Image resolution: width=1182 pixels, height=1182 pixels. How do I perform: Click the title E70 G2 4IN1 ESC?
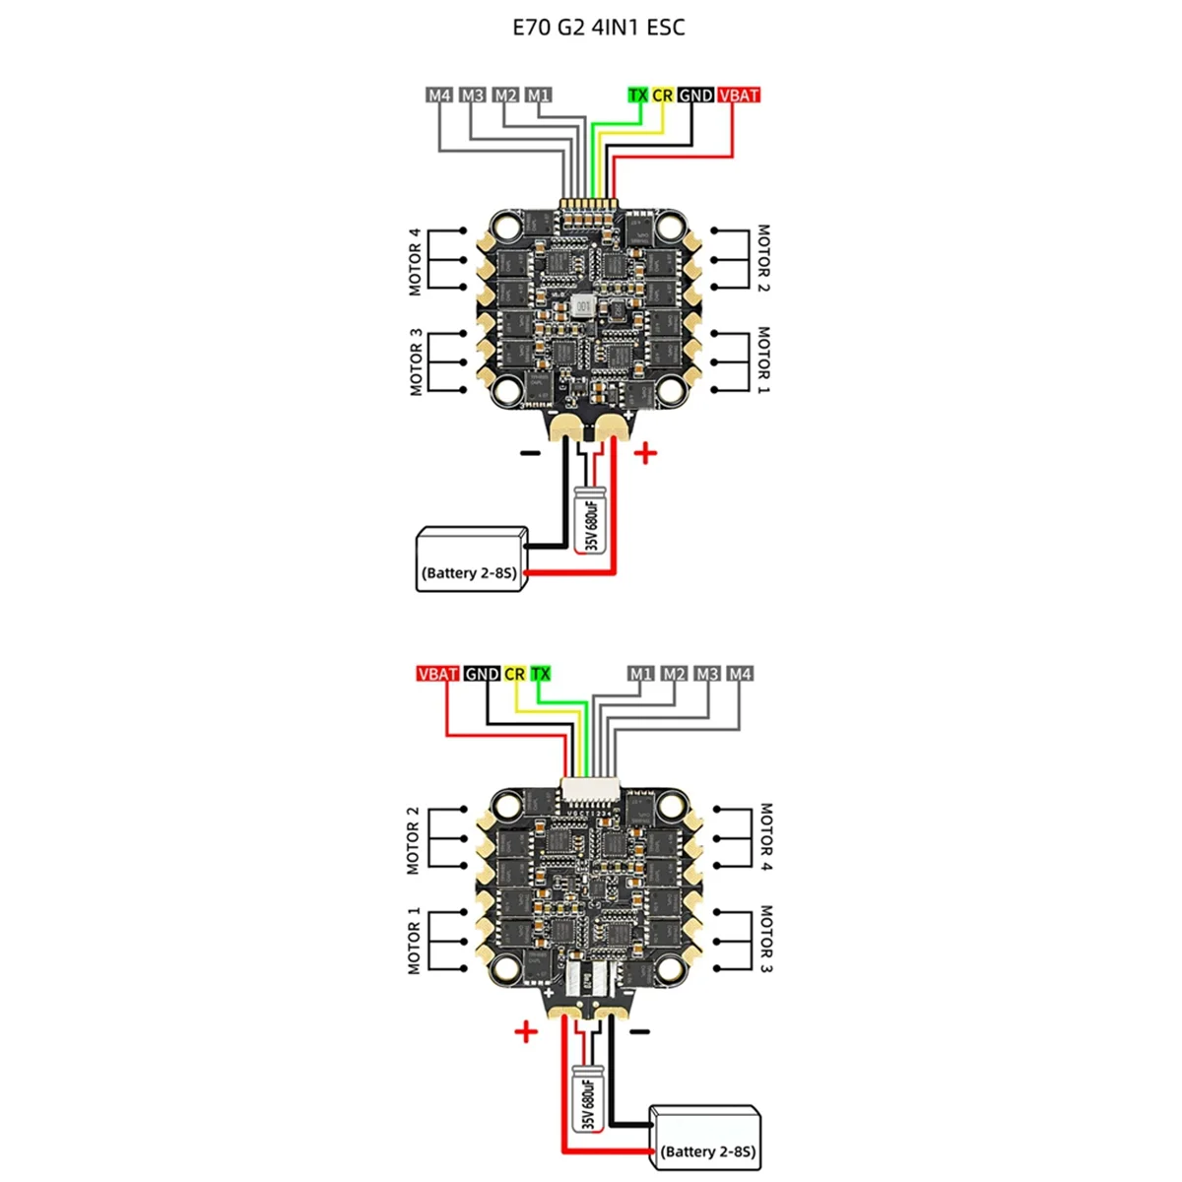pyautogui.click(x=598, y=28)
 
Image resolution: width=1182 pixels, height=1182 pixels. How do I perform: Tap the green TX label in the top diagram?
pyautogui.click(x=638, y=96)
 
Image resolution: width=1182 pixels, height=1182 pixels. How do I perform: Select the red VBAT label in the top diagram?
pyautogui.click(x=739, y=96)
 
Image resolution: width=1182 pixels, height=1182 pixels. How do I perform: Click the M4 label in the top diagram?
pyautogui.click(x=439, y=96)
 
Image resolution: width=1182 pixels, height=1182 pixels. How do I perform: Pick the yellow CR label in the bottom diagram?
pyautogui.click(x=514, y=674)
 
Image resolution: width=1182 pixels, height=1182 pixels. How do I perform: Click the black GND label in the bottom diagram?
pyautogui.click(x=482, y=674)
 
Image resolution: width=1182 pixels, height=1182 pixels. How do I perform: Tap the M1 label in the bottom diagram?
pyautogui.click(x=641, y=674)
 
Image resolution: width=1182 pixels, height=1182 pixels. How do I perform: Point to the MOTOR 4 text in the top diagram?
pyautogui.click(x=415, y=262)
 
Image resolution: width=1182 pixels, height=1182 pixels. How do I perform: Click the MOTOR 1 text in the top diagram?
pyautogui.click(x=763, y=360)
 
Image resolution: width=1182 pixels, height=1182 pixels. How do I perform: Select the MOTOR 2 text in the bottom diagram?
pyautogui.click(x=413, y=840)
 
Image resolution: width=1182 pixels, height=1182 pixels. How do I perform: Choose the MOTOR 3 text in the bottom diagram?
pyautogui.click(x=765, y=939)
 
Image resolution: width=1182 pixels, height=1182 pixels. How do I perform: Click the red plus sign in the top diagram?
pyautogui.click(x=645, y=454)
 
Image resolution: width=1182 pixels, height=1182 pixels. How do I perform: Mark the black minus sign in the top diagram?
pyautogui.click(x=530, y=453)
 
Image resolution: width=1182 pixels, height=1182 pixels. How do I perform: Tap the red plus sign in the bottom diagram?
pyautogui.click(x=526, y=1031)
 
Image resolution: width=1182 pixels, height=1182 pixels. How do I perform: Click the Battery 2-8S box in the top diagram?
pyautogui.click(x=468, y=559)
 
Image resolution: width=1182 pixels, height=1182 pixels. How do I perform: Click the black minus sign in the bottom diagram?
pyautogui.click(x=640, y=1031)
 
